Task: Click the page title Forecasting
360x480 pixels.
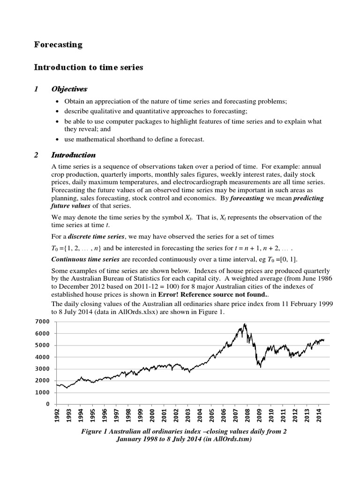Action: tap(58, 45)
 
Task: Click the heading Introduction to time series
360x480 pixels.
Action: tap(89, 67)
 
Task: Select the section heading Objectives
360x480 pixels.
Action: tap(69, 89)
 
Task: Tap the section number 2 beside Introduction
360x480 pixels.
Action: tap(36, 155)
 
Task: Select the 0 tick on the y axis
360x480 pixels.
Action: tap(47, 404)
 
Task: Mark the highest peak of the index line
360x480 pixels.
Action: tap(245, 324)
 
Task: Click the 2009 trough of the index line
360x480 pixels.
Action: tap(260, 367)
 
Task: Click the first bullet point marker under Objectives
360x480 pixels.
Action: tap(57, 102)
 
